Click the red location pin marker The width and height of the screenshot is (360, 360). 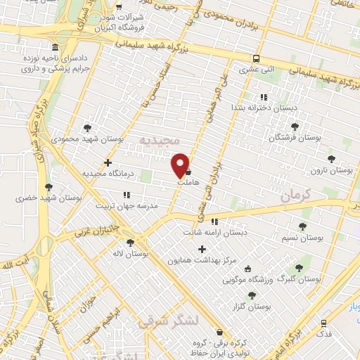[181, 164]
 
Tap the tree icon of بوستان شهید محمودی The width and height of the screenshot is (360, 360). [87, 127]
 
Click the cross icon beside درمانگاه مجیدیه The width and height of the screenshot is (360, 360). [108, 163]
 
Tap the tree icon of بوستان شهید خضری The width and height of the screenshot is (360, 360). [49, 186]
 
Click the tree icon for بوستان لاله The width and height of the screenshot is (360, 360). [130, 243]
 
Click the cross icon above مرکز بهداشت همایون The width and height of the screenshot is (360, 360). [202, 249]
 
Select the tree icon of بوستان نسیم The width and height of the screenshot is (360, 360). [302, 226]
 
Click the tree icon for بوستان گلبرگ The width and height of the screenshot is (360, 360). [300, 268]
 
